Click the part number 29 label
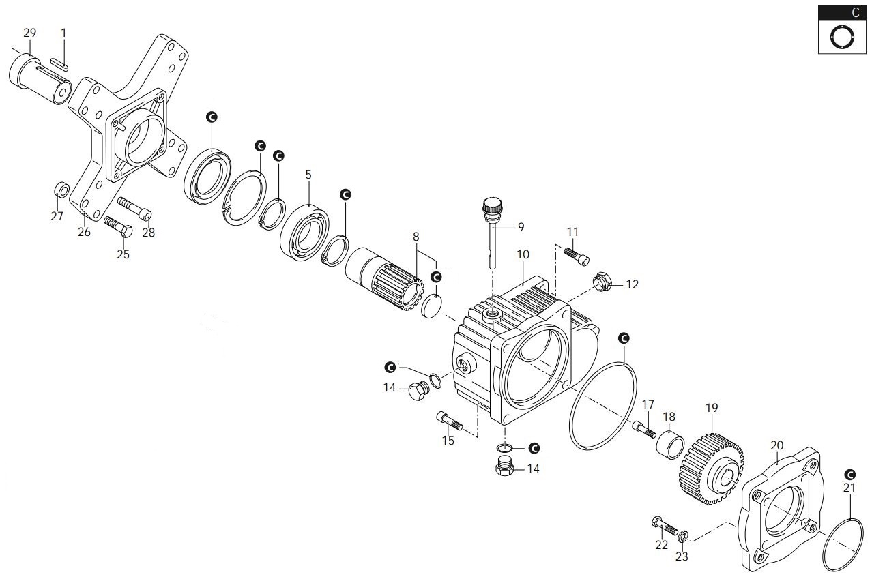coord(29,33)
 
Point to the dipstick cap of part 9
coord(492,205)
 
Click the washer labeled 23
coord(684,533)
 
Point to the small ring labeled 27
coord(61,189)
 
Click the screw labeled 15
coord(449,421)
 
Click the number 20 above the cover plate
coord(776,445)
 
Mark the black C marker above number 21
coord(849,474)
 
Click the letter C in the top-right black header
coord(855,13)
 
